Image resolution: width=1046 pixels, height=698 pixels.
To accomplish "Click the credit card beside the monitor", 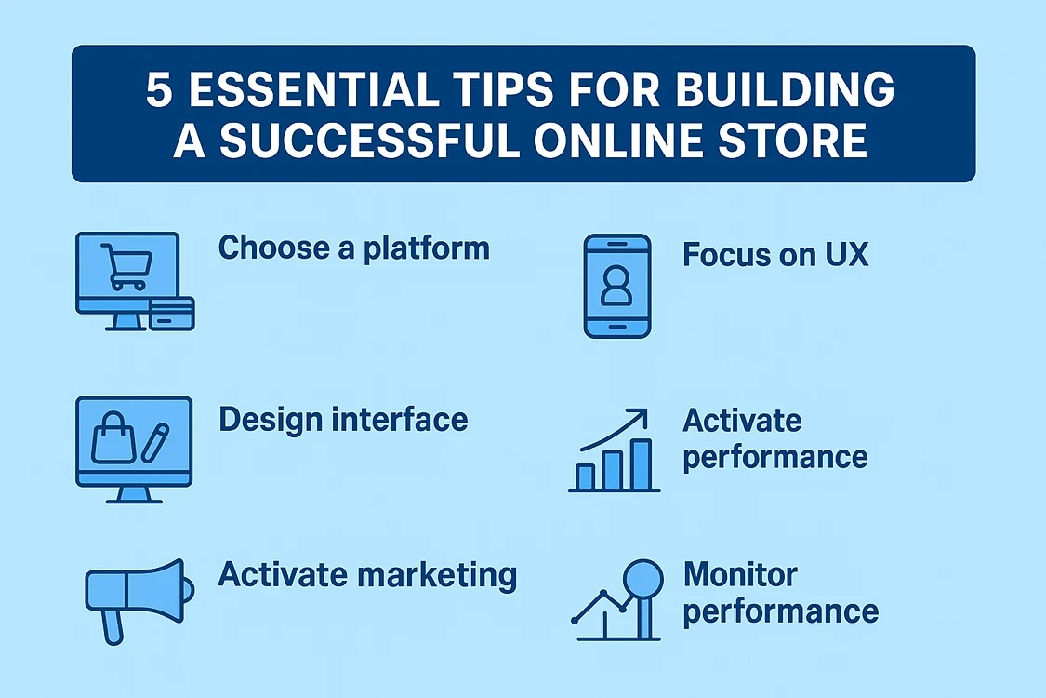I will click(171, 314).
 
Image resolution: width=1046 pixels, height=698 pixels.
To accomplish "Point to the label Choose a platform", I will click(353, 248).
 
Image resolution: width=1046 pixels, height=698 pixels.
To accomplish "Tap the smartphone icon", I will click(616, 285).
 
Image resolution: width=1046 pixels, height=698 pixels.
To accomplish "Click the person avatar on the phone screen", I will click(616, 287).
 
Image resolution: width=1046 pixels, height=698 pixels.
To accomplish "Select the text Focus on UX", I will click(775, 255).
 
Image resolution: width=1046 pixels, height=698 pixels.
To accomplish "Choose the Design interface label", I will click(343, 420).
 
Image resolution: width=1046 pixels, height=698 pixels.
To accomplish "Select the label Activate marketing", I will click(367, 574).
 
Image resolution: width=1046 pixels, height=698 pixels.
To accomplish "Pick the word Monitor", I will click(740, 574).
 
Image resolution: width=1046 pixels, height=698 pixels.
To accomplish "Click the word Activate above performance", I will click(742, 421).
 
